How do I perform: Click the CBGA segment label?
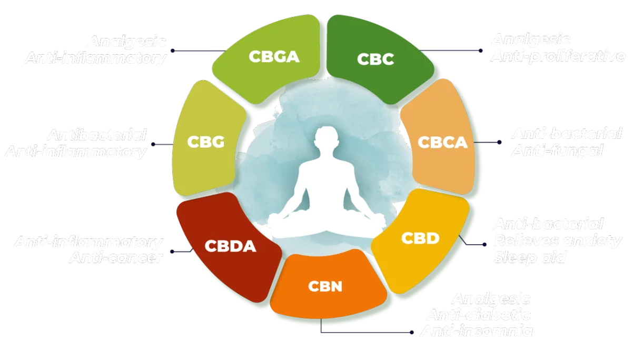(x=273, y=56)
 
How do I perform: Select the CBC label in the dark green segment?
(x=376, y=59)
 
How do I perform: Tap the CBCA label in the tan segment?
(x=442, y=142)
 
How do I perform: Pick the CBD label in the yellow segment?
(x=420, y=238)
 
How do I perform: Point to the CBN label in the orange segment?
(x=325, y=287)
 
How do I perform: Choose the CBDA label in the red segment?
(x=230, y=246)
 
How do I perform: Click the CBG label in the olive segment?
(x=206, y=142)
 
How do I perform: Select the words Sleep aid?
(x=529, y=258)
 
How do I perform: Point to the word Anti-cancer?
(x=115, y=258)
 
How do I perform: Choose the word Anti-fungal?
(x=557, y=151)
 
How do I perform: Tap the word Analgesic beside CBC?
(x=531, y=40)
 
